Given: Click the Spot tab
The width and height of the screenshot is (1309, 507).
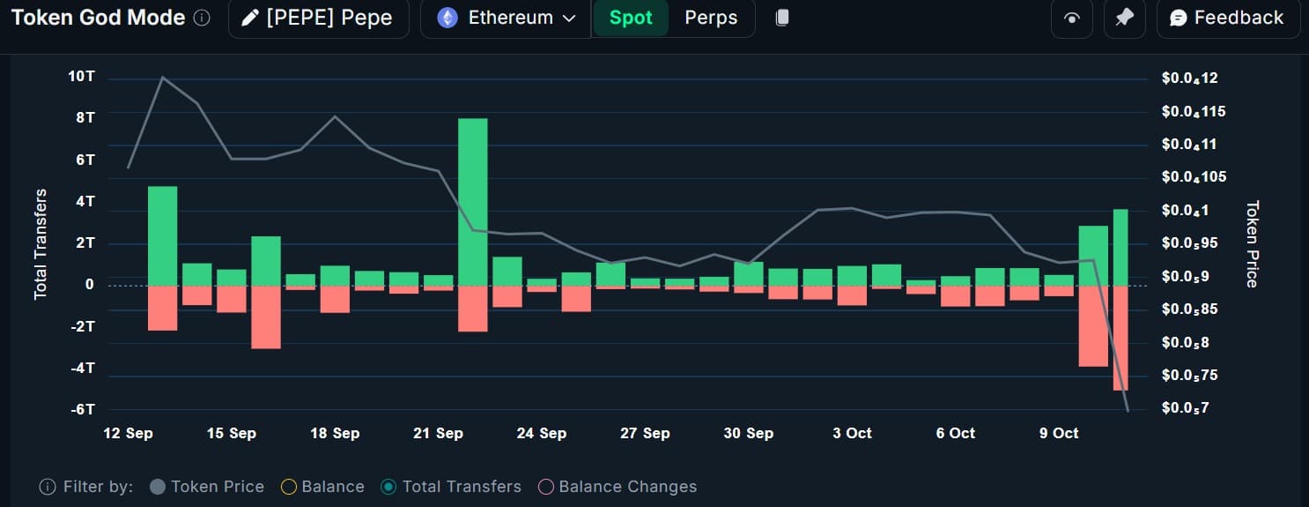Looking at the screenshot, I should point(631,19).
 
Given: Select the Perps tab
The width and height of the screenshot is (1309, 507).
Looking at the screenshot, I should point(711,19).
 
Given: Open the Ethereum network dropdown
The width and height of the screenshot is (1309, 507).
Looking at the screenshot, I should point(509,19).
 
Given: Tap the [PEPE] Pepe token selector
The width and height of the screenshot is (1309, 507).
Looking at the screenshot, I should point(319,19).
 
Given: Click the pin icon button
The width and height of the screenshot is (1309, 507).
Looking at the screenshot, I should point(1124,19).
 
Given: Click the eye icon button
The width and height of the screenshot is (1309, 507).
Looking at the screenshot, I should point(1072,19).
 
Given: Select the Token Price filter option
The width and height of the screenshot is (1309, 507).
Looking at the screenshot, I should point(207,487).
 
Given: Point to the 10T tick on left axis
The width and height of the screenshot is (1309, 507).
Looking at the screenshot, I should point(81,77).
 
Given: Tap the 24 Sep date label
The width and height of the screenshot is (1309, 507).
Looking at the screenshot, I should point(541,433).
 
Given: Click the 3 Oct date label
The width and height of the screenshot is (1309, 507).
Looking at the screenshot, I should point(852,433).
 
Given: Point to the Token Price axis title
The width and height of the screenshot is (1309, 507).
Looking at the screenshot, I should point(1252,243).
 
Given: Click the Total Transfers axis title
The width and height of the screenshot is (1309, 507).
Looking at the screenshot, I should point(41,243).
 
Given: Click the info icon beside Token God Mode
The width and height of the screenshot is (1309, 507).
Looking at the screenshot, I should point(202,19).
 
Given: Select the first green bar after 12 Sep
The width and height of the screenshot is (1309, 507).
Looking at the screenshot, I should point(162,235).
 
